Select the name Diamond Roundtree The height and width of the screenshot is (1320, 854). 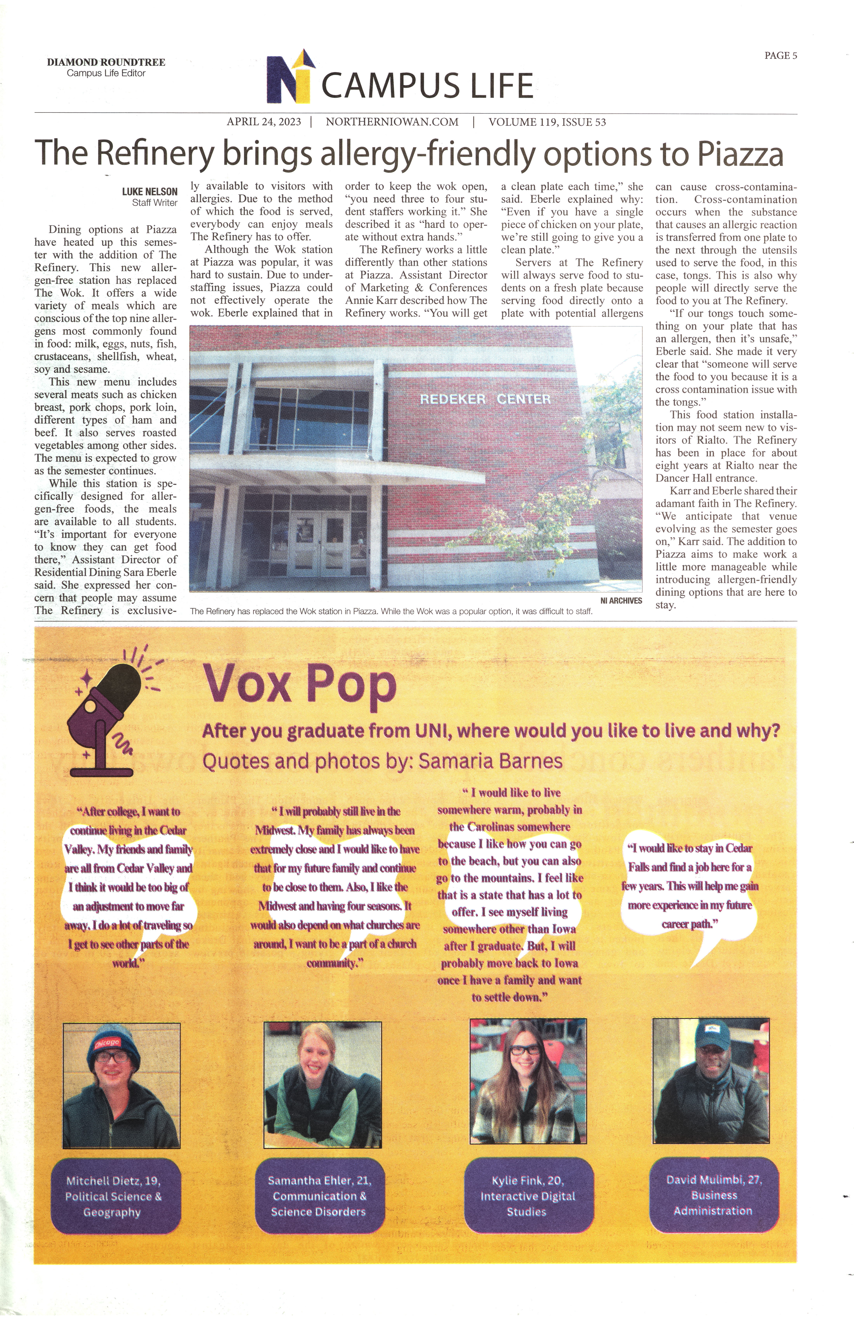[x=106, y=62]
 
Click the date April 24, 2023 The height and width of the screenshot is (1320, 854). [x=264, y=122]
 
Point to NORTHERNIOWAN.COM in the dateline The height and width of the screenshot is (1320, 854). [x=392, y=122]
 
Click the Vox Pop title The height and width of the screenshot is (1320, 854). [x=299, y=684]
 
